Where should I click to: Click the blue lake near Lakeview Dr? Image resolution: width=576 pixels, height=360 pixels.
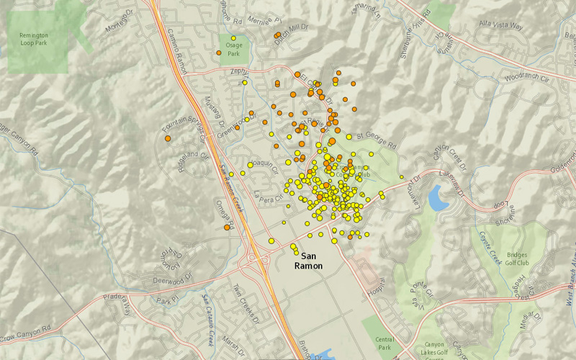[438, 197]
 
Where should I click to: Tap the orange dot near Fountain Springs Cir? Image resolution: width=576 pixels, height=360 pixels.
[168, 138]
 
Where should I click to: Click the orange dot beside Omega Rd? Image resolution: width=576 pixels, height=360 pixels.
[227, 228]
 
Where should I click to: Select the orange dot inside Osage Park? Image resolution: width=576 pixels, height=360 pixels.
[220, 53]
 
